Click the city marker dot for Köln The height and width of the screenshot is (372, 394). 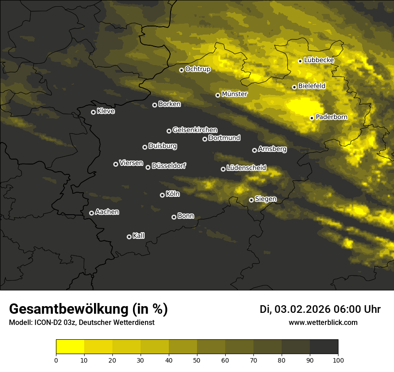coord(162,195)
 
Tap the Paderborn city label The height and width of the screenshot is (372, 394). coord(331,117)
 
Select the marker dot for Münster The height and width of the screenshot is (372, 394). coord(218,95)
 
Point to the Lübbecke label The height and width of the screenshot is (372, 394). coord(319,60)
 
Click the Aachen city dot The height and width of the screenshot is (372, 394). coord(91,213)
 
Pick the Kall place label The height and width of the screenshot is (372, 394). coord(138,236)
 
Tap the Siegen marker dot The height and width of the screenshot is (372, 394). coord(251,200)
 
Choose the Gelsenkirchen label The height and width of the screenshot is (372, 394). coord(195,130)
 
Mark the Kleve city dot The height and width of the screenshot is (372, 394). coord(93,112)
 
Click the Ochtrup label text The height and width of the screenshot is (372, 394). coord(197,69)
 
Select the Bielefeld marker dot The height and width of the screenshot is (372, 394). coord(294,87)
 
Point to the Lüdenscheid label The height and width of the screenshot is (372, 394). coord(246,168)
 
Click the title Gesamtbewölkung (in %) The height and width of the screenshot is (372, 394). coord(88,309)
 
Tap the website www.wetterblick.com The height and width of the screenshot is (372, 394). coord(323,322)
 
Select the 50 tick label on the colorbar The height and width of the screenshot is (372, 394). coord(197,359)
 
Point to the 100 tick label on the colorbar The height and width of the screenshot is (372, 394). coord(338,359)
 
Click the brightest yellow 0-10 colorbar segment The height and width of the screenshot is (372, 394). coord(70,347)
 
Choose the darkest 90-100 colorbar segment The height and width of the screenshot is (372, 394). coord(324,347)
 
